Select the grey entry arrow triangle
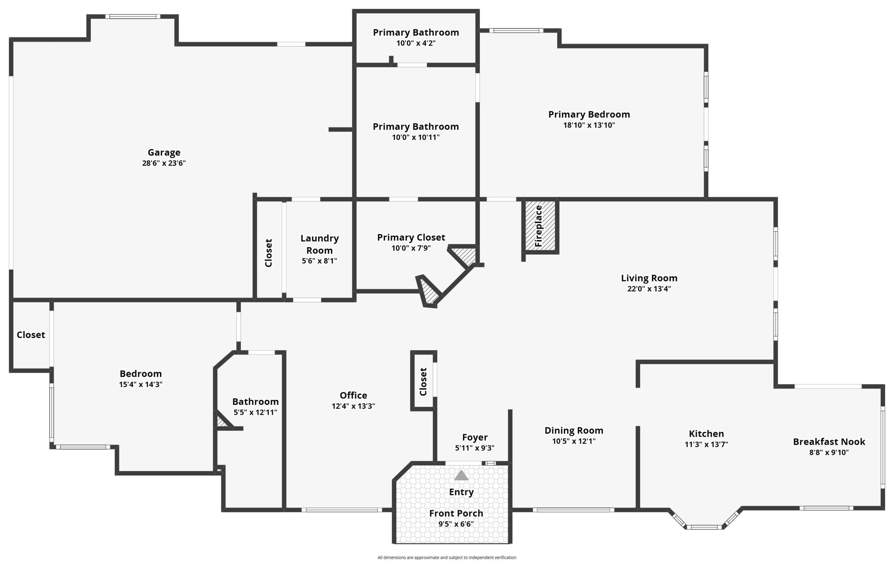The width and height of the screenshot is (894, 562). point(461,476)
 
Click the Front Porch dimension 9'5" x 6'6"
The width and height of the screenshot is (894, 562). point(456,524)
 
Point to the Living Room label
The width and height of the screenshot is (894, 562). point(649,278)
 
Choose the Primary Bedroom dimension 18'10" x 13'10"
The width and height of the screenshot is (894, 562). point(589,125)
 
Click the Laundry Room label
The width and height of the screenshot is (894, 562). point(319,244)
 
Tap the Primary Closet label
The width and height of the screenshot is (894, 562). point(411,237)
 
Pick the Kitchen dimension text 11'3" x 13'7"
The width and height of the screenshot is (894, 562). point(706,444)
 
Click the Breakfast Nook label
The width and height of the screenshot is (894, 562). point(829,442)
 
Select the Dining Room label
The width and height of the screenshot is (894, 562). point(574,431)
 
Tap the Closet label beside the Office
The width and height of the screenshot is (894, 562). point(423,382)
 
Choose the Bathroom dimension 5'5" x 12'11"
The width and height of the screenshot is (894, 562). point(255,412)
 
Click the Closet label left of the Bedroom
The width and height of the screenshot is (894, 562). point(31,335)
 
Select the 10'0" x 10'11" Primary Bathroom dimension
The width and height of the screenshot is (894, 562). point(416,137)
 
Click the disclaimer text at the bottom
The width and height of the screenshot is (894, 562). point(447,557)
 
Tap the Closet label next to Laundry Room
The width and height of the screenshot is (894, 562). point(268,253)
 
